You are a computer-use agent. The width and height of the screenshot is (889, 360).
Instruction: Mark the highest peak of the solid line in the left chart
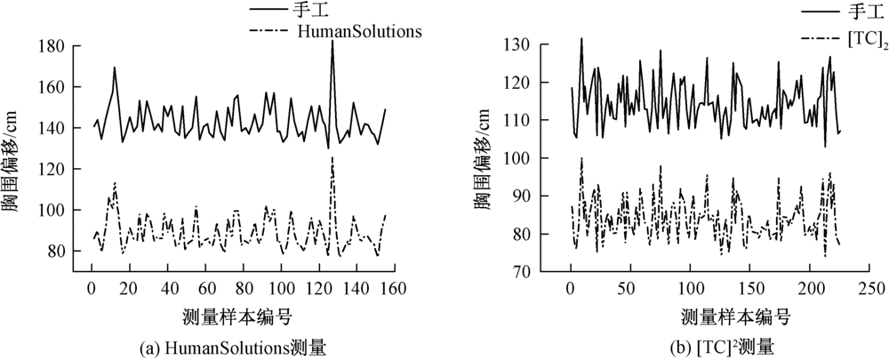(332, 42)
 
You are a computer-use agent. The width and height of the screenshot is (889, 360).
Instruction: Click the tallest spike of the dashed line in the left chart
(332, 158)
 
